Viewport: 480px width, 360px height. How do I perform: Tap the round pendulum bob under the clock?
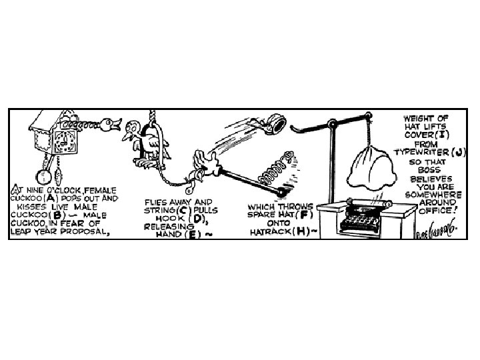pos(43,176)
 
